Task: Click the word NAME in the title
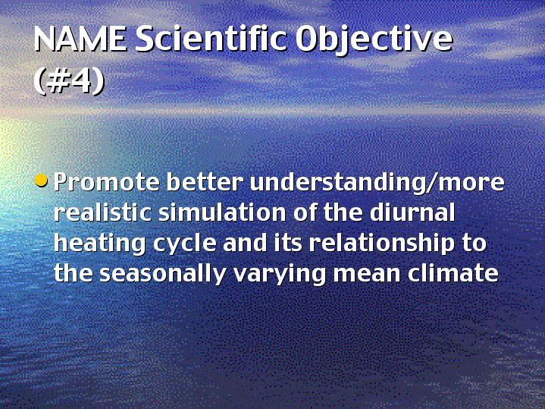pos(80,39)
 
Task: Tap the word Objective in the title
pos(374,41)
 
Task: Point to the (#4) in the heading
pos(69,82)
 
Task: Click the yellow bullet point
pos(42,181)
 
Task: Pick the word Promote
pos(107,181)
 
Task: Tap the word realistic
pos(103,212)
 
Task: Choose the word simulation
pos(222,212)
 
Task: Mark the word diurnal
pos(412,212)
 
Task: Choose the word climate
pos(453,273)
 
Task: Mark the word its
pos(288,242)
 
